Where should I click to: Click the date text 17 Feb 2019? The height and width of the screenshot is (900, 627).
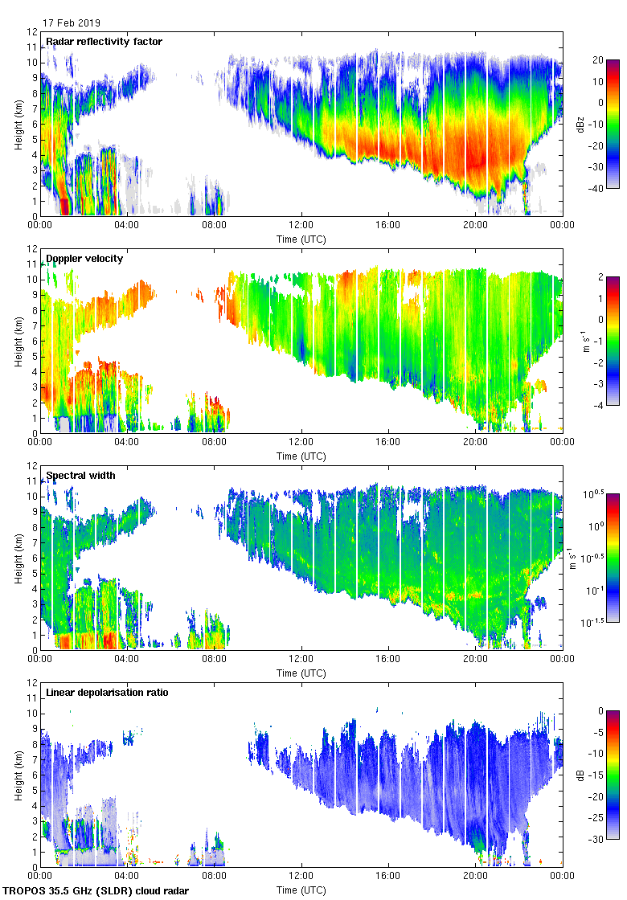pos(72,23)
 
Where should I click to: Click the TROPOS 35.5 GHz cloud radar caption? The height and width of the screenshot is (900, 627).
pos(97,890)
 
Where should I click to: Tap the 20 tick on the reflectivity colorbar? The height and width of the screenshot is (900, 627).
pos(597,60)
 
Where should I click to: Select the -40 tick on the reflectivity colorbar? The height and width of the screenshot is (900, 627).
pos(596,189)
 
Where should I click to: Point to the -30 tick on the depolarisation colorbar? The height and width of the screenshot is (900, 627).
pos(596,840)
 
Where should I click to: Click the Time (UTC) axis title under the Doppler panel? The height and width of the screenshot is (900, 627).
pos(301,456)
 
